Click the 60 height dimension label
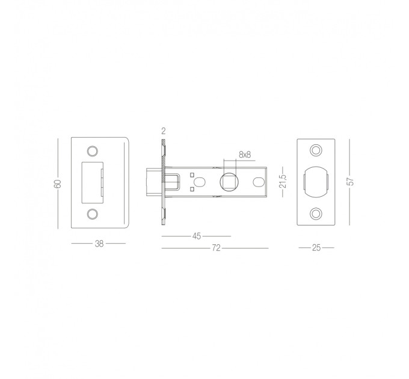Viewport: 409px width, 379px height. [58, 183]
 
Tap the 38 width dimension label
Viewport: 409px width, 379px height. [99, 244]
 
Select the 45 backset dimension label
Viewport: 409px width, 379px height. [197, 236]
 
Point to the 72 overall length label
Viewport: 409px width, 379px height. [217, 248]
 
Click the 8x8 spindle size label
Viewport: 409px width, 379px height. [245, 155]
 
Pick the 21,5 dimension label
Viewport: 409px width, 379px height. [283, 181]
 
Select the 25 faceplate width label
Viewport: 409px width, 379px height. [316, 248]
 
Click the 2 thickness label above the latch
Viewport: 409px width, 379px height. [164, 131]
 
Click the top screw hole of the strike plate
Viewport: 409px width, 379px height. [93, 151]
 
